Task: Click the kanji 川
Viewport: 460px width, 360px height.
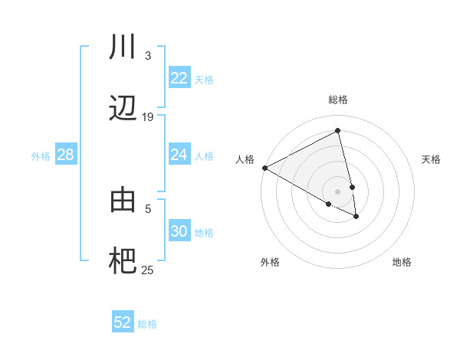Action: (x=123, y=48)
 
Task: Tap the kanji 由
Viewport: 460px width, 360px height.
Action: (x=123, y=201)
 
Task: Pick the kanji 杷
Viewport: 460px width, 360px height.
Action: (x=123, y=261)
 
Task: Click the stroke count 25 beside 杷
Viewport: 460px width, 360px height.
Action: (x=147, y=270)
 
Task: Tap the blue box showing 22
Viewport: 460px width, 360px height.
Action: (x=179, y=78)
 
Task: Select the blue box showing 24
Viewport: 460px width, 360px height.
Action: (x=179, y=155)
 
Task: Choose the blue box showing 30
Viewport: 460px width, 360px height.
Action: (x=179, y=231)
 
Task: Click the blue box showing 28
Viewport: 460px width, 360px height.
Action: (x=66, y=155)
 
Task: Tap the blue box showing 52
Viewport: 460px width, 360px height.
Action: (x=123, y=322)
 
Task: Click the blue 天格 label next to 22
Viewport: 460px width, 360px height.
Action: (x=203, y=79)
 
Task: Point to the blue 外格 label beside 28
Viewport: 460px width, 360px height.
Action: (x=41, y=155)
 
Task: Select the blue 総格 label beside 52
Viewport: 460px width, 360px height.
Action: (x=147, y=323)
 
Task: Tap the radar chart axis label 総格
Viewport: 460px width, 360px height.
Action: (x=338, y=100)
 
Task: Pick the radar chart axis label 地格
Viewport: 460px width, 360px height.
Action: (x=402, y=262)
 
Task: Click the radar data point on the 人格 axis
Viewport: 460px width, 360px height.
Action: (x=264, y=168)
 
